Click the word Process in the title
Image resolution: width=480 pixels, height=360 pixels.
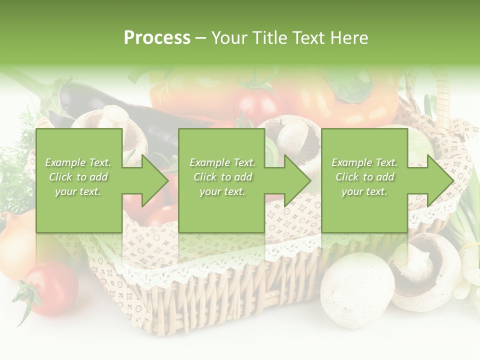[157, 38]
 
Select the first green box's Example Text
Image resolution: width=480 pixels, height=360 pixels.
[78, 162]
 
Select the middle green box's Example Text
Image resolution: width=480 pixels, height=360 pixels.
[222, 162]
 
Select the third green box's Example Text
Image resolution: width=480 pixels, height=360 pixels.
[364, 162]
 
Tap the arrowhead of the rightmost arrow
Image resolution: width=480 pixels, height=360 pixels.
[440, 180]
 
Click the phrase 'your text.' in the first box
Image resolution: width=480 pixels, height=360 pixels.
[78, 191]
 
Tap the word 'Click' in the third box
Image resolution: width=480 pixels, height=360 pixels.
[346, 177]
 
